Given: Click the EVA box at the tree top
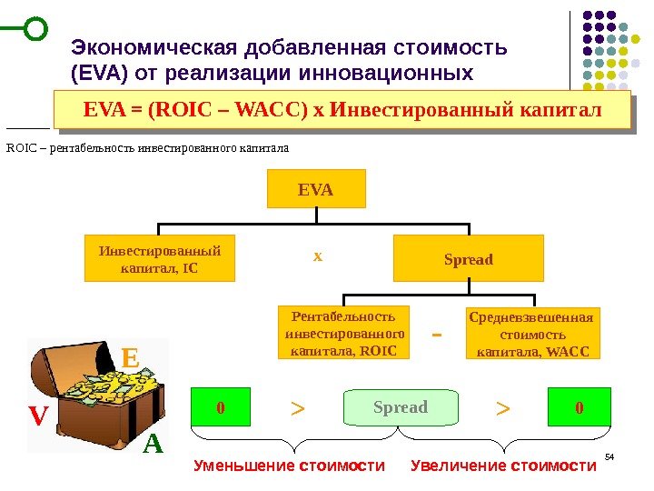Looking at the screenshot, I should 316,189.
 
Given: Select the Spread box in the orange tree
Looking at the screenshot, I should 468,259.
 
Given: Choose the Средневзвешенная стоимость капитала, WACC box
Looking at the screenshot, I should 533,334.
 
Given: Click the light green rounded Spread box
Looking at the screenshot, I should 400,407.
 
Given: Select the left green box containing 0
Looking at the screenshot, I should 219,407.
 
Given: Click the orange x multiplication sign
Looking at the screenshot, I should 317,257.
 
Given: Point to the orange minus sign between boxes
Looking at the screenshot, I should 436,335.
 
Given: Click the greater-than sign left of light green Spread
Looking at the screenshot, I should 297,409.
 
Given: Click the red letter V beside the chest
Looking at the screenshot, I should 37,416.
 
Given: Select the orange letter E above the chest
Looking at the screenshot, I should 130,359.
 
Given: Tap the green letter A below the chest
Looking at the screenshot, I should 153,446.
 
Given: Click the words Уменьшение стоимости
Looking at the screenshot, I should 290,467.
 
